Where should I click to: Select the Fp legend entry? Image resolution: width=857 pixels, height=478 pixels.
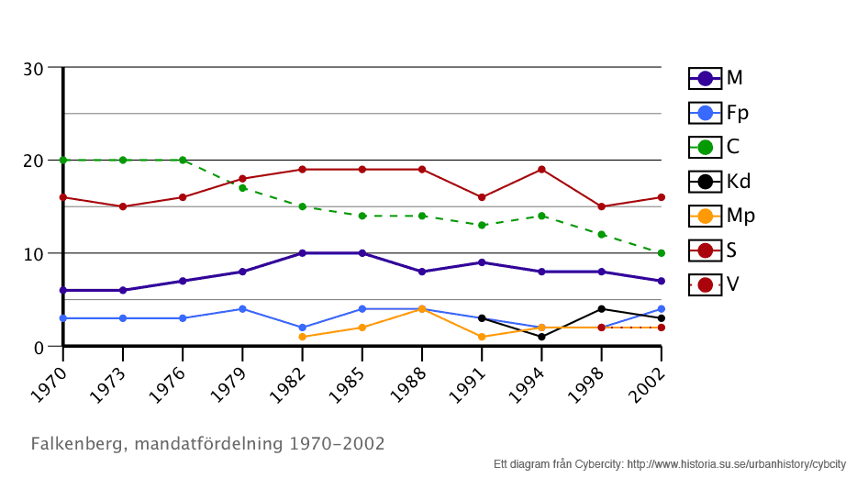718,113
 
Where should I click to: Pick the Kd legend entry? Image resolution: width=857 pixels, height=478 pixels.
718,182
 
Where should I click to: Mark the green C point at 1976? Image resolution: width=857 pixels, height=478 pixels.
183,160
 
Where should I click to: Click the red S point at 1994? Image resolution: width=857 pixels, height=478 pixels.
541,170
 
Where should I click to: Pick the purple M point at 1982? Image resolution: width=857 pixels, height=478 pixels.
302,253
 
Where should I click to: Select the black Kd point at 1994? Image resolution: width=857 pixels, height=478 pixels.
541,337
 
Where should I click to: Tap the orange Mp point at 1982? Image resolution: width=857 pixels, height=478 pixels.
302,337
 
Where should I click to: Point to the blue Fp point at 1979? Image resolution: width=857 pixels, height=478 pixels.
242,309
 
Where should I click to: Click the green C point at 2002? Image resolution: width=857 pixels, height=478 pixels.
661,253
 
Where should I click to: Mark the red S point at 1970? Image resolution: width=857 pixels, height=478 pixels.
63,197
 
